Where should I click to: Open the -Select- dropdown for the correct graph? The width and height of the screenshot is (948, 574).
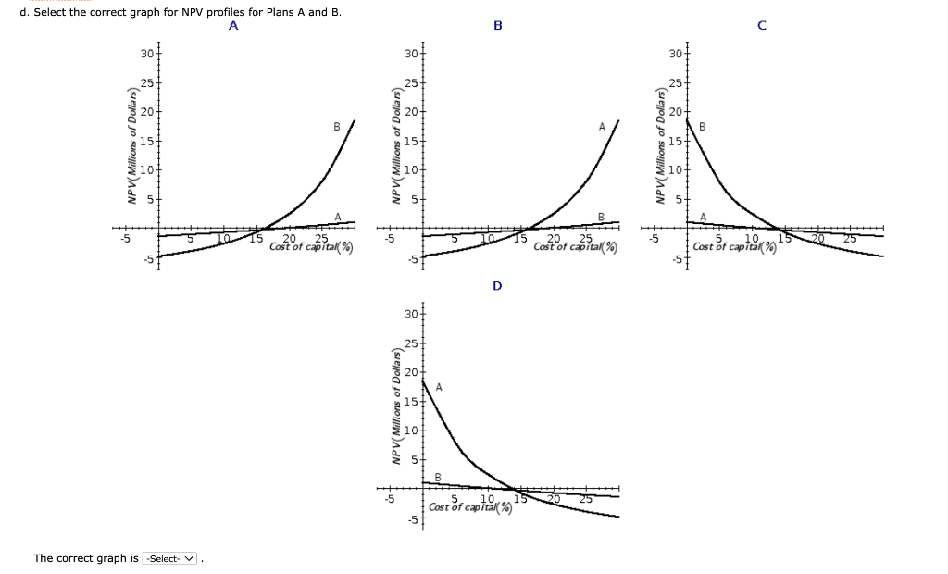tap(172, 558)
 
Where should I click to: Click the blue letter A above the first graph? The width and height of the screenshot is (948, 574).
tap(233, 26)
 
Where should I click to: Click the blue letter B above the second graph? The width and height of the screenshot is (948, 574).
tap(497, 26)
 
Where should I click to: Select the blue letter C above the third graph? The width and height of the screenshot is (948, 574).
tap(761, 26)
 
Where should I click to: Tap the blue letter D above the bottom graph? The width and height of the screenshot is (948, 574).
tap(497, 286)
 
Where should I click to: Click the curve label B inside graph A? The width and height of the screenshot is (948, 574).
tap(337, 126)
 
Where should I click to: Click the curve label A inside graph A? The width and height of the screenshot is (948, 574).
tap(337, 218)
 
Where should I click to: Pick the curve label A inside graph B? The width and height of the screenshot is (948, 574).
tap(601, 126)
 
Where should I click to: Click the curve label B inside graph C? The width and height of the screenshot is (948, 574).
tap(702, 126)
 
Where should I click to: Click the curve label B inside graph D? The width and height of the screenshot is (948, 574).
tap(438, 478)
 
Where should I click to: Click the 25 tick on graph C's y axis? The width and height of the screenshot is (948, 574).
tap(675, 83)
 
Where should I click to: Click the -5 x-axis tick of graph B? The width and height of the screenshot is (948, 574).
tap(390, 239)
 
